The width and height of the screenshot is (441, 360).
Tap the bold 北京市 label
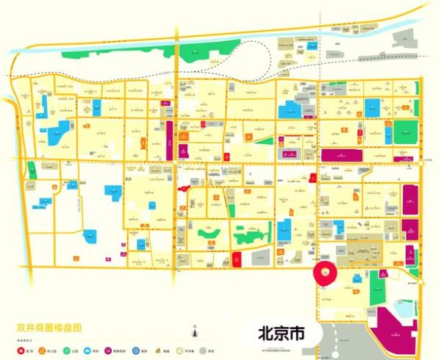[278, 333]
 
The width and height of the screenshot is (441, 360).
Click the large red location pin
[324, 271]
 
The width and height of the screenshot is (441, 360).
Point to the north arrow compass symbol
[195, 334]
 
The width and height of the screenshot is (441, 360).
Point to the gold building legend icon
[158, 350]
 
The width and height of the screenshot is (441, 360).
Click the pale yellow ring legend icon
[179, 350]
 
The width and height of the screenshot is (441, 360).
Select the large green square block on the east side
[405, 132]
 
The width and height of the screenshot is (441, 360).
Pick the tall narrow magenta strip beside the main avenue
[170, 140]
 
